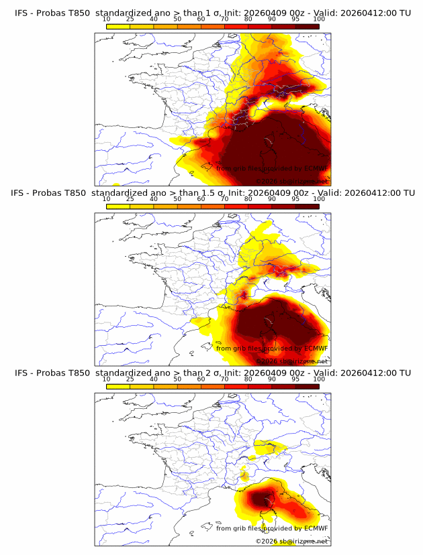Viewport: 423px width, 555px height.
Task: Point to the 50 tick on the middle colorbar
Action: click(177, 199)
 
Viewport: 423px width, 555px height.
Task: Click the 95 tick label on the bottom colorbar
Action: click(295, 379)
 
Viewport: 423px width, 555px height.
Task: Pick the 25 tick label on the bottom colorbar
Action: click(130, 379)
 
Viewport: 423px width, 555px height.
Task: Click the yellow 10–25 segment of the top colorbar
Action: click(118, 26)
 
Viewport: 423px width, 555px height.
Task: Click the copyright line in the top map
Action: click(291, 181)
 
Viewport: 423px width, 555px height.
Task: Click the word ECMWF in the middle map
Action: click(316, 349)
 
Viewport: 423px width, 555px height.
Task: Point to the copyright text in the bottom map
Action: click(291, 541)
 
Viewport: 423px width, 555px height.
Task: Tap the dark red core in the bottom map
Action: click(263, 499)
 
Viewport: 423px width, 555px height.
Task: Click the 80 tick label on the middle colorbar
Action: click(248, 199)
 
